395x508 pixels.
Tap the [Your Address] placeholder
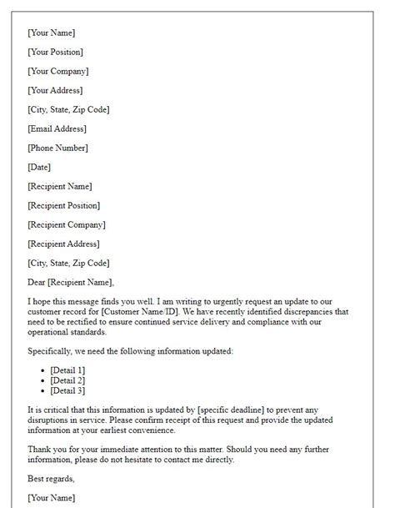(x=55, y=90)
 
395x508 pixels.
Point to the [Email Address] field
(x=57, y=128)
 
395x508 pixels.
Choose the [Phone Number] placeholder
(x=57, y=148)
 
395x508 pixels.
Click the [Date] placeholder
(x=39, y=167)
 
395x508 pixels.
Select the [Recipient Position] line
(x=63, y=205)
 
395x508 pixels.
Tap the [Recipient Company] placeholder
(x=67, y=224)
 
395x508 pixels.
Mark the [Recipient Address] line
(x=64, y=244)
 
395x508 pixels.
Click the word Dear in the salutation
(x=37, y=282)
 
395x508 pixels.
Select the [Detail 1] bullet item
(x=67, y=370)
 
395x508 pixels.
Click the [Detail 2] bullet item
(x=67, y=380)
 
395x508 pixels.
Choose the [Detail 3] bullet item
(x=67, y=390)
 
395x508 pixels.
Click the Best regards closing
(x=51, y=479)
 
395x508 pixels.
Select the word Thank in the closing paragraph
(x=39, y=449)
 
